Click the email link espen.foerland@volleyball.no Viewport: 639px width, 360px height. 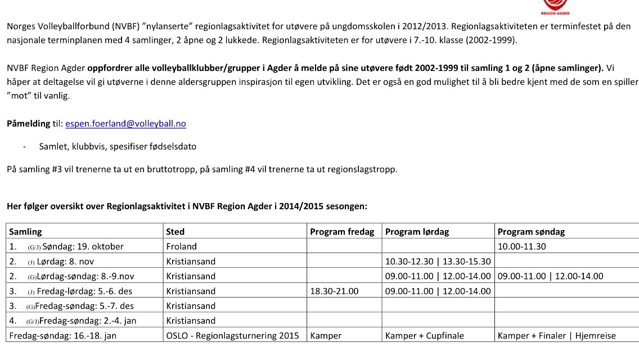tap(125, 124)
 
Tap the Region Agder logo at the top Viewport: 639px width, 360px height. tap(555, 7)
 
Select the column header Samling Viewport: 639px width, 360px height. tap(26, 232)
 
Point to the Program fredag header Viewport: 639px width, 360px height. tap(342, 232)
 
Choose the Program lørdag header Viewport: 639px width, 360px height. tap(417, 232)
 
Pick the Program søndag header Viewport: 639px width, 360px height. tap(531, 232)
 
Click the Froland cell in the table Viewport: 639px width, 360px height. tap(182, 246)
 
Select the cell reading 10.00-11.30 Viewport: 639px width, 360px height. tap(521, 246)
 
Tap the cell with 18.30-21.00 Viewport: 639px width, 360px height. tap(334, 291)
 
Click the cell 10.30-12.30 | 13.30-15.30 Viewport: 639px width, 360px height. tap(438, 262)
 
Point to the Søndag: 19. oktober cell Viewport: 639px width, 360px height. tap(83, 246)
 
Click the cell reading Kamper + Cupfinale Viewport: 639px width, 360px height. tap(425, 336)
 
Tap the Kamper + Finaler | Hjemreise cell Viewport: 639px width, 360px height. tap(557, 336)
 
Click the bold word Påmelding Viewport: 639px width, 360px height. tap(28, 124)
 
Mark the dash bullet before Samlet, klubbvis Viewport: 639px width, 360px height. tap(25, 147)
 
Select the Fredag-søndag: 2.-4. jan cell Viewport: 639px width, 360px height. tap(87, 321)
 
